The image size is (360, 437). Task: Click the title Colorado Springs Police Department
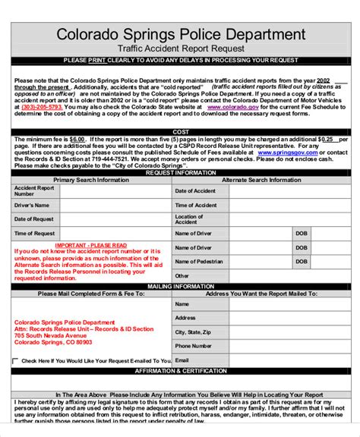[180, 35]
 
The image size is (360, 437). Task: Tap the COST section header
[180, 132]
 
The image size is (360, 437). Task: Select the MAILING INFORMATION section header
[180, 287]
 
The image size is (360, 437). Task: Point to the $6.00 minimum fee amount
[77, 140]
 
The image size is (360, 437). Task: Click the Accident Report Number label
[34, 190]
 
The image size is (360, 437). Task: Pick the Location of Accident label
[189, 219]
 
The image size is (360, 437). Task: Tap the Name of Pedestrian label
[199, 262]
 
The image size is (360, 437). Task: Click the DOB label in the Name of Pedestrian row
[302, 262]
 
